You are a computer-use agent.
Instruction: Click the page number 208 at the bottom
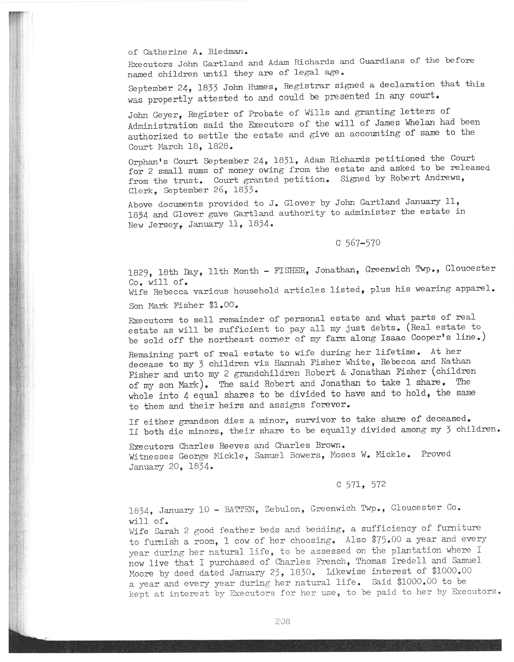(x=283, y=621)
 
